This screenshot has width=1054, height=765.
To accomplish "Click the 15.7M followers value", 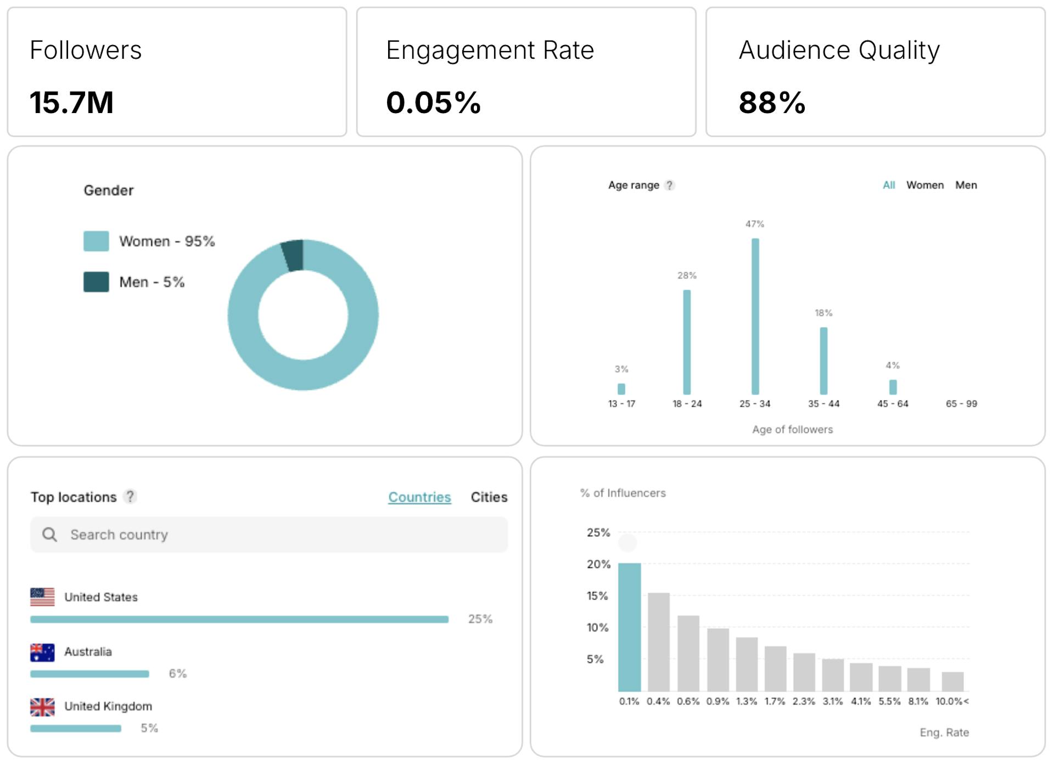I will point(71,103).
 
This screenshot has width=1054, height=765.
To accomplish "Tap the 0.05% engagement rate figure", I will point(433,103).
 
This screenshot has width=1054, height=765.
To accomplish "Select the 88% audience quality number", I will point(772,103).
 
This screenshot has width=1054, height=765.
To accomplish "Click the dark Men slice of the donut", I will point(293,255).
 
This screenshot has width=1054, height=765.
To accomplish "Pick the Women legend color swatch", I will point(96,241).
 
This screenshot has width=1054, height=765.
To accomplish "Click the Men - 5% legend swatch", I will point(96,282).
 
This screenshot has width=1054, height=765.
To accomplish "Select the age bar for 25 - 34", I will point(755,316).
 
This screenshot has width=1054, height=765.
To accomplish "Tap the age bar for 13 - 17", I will point(621,389).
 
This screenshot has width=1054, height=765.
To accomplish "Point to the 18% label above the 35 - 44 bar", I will point(823,313).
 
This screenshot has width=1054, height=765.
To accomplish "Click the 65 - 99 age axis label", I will point(961,404).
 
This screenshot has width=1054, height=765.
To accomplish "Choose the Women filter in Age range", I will point(925,185).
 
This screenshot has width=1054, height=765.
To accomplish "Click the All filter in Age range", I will point(889,185).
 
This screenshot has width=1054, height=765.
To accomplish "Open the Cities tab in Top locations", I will point(489,497).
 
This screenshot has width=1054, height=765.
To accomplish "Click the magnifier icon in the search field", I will point(49,535).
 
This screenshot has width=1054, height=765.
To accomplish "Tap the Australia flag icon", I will point(42,652).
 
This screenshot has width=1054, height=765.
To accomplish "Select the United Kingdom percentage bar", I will point(76,729).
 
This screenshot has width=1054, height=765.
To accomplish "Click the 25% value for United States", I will point(480,619).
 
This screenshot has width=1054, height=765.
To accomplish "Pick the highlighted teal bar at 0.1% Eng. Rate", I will point(629,627).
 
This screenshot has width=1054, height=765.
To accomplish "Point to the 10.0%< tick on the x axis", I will point(952,701).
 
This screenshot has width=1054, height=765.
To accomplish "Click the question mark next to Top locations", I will point(130,497).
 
